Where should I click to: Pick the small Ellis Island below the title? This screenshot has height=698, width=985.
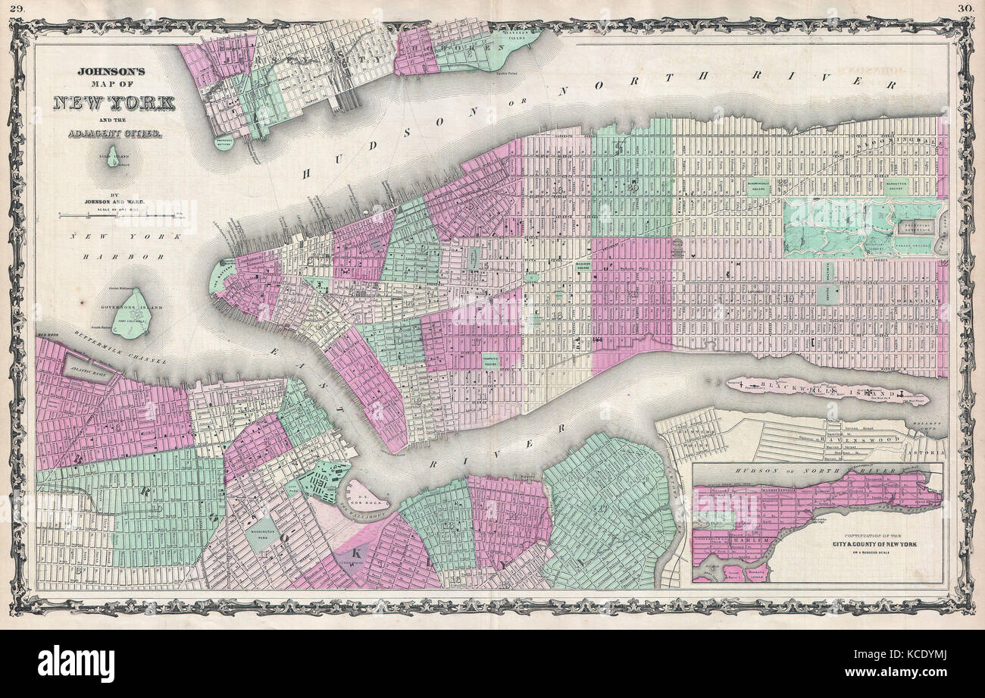(114, 157)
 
